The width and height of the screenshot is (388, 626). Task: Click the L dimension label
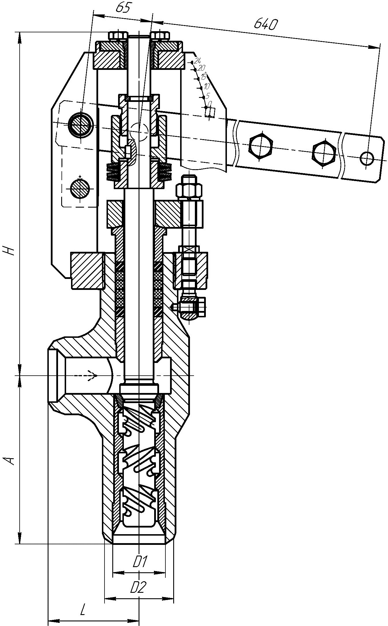83,610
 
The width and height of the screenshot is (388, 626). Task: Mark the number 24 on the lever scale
197,61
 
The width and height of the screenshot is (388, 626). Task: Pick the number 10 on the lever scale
207,86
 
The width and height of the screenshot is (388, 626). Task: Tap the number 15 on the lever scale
204,77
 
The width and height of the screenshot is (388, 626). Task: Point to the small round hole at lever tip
367,158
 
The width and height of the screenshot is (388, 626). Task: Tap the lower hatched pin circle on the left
80,189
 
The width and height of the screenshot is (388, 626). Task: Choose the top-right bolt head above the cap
160,36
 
